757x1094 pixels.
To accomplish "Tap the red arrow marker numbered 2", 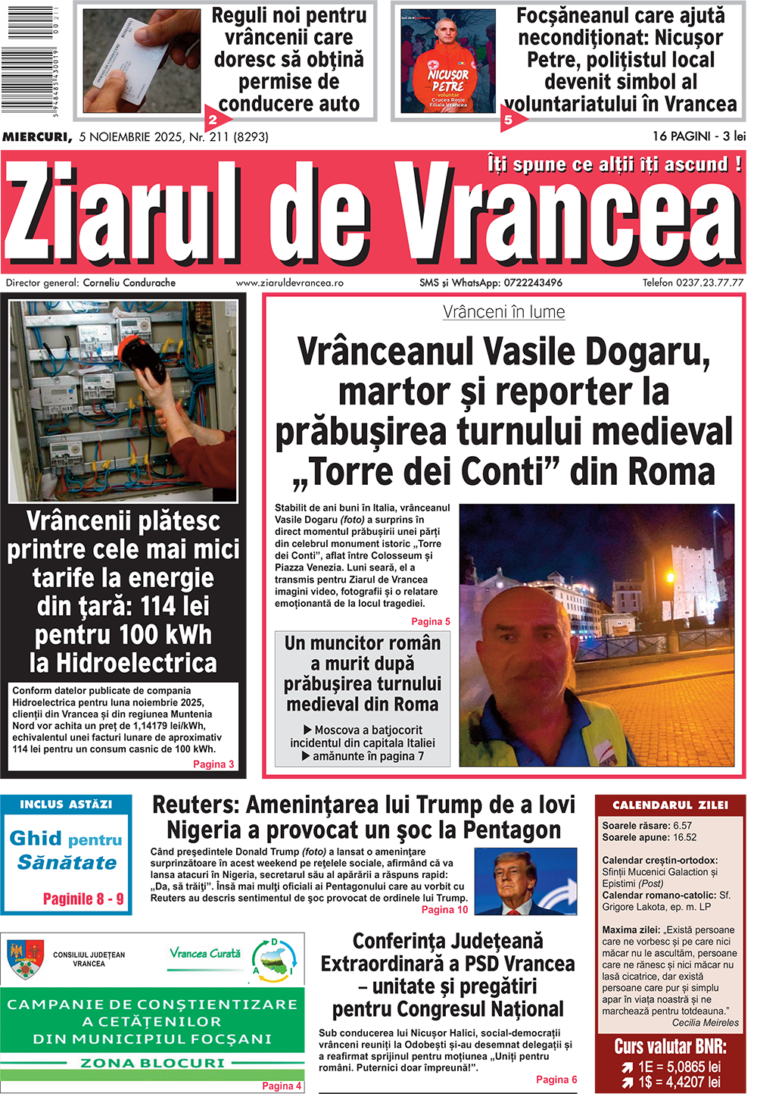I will [x=213, y=119].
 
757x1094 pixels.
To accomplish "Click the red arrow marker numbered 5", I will [x=509, y=119].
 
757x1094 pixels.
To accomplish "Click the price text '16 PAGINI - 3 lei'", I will [x=699, y=136].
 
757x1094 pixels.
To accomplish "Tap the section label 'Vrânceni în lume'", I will [x=503, y=311].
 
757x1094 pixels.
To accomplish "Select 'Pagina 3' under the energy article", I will [x=213, y=764].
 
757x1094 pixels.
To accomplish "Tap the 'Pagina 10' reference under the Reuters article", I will [x=444, y=909].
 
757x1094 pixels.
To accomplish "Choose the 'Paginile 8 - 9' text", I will [x=83, y=899].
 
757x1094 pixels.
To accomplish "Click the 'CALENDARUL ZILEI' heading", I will [x=670, y=805].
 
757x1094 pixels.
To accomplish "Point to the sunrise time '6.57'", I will [x=682, y=826].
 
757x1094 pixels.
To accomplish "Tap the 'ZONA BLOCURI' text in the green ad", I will [x=152, y=1063].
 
